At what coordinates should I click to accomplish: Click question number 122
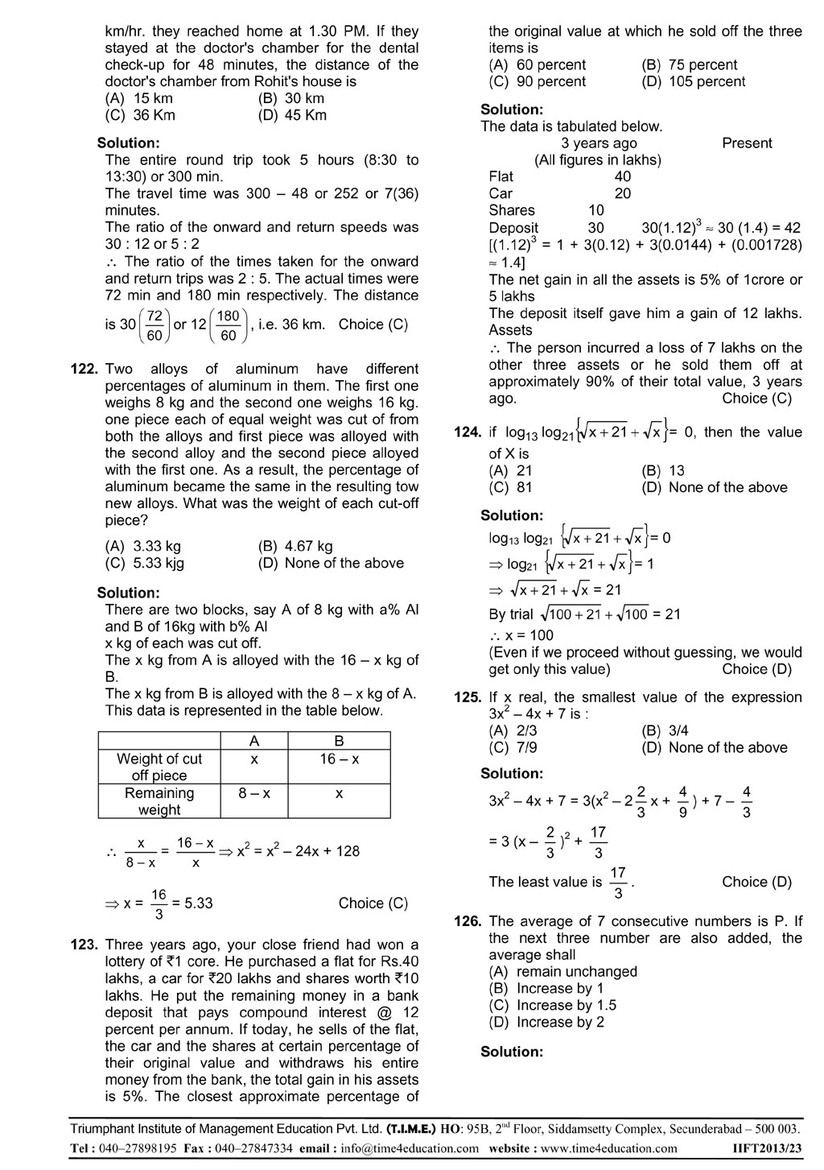tap(84, 369)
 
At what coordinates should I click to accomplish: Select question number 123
tap(84, 945)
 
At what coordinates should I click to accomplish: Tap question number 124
tap(467, 432)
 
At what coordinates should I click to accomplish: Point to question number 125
tap(467, 697)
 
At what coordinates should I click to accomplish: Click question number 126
tap(467, 921)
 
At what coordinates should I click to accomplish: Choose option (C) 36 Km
tap(140, 115)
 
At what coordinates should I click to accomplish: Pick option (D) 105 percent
tap(693, 81)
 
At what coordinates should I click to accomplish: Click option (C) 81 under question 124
tap(510, 487)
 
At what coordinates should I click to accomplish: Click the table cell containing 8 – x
tap(253, 793)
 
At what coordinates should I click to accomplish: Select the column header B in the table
tap(339, 741)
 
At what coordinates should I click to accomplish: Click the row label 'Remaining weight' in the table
tap(159, 801)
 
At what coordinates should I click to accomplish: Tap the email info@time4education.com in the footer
tap(410, 1148)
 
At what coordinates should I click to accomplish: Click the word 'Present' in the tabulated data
tap(746, 143)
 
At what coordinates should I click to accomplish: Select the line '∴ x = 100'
tap(521, 635)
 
